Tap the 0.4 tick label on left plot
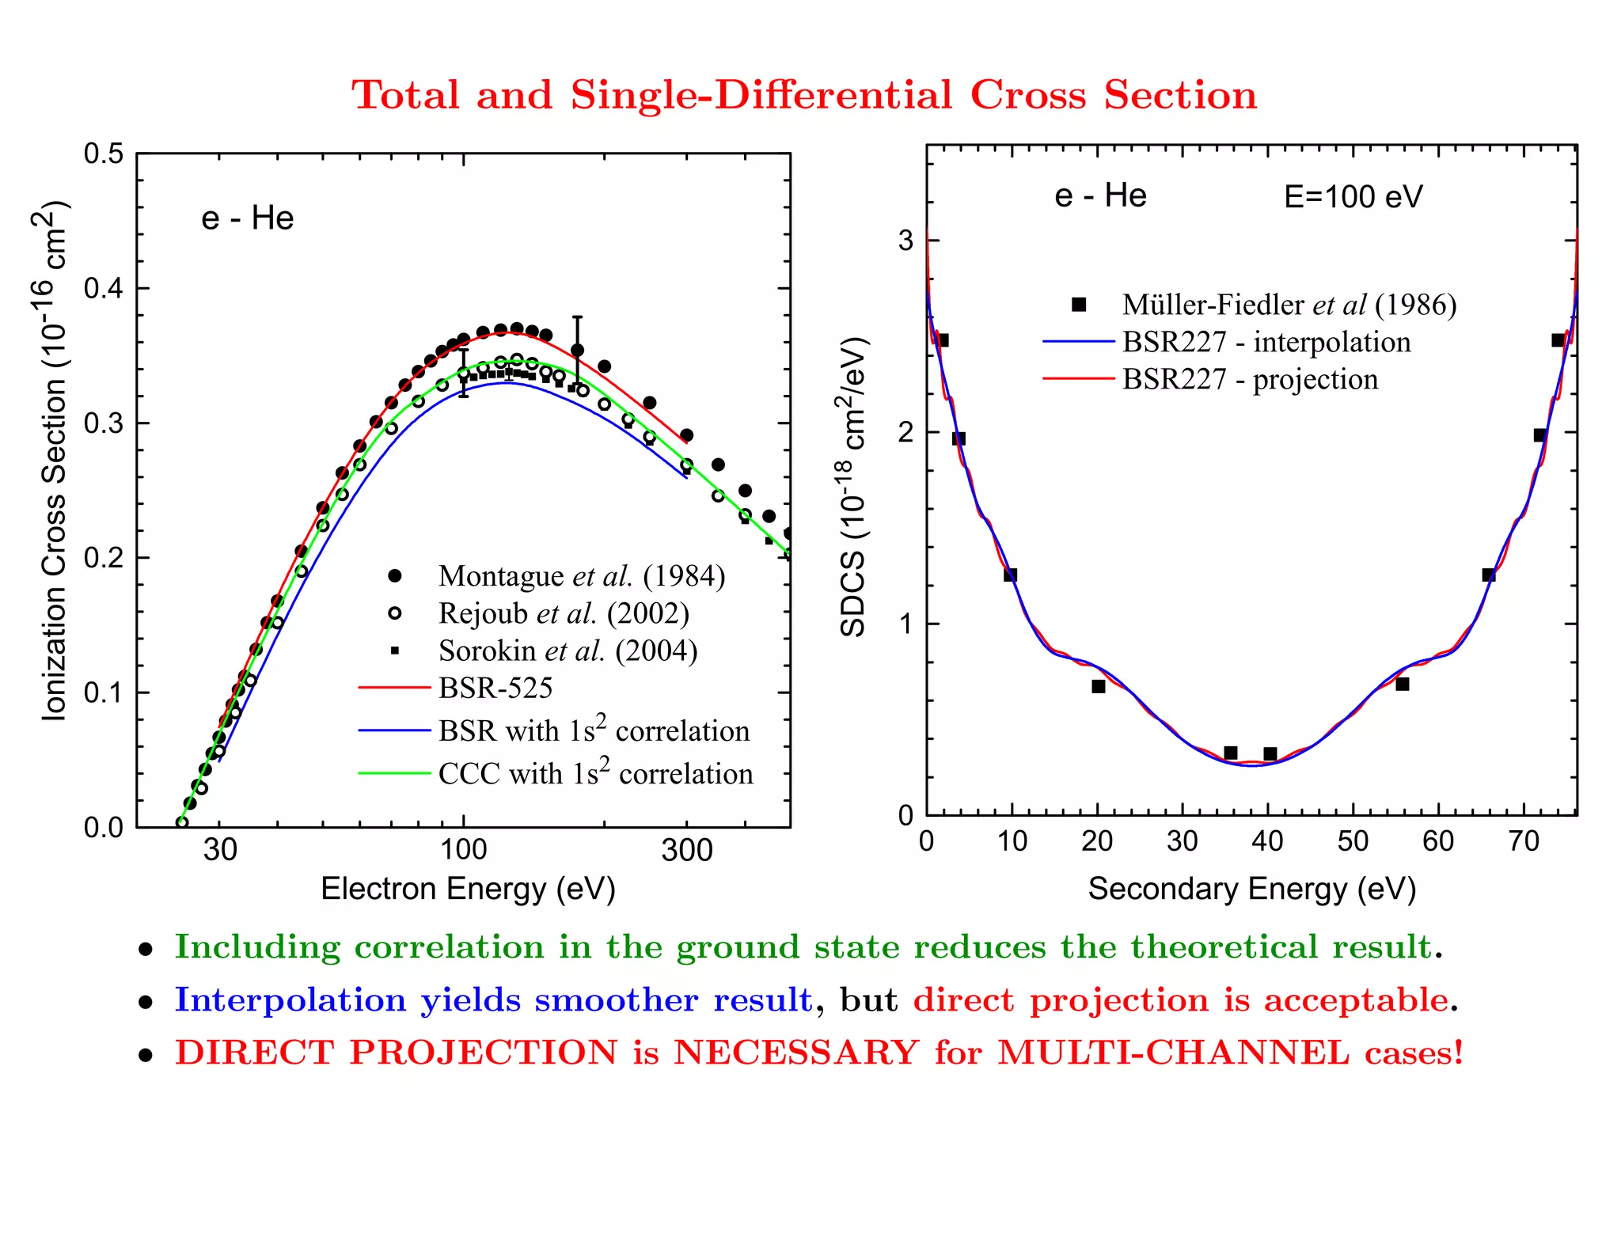[104, 288]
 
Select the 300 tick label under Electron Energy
[686, 851]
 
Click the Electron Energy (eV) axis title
[468, 889]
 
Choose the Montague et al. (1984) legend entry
[581, 576]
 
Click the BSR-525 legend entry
[495, 689]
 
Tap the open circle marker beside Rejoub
[394, 613]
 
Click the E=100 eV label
[1353, 196]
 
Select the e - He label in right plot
[1100, 195]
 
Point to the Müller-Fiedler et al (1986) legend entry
[1289, 305]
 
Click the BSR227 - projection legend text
[1250, 380]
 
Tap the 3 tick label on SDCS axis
[905, 241]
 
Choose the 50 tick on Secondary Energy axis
[1353, 841]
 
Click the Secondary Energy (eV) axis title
[1251, 889]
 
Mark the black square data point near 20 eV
[1099, 686]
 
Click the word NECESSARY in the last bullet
[795, 1053]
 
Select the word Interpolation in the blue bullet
[290, 1001]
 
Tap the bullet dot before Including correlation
[146, 950]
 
